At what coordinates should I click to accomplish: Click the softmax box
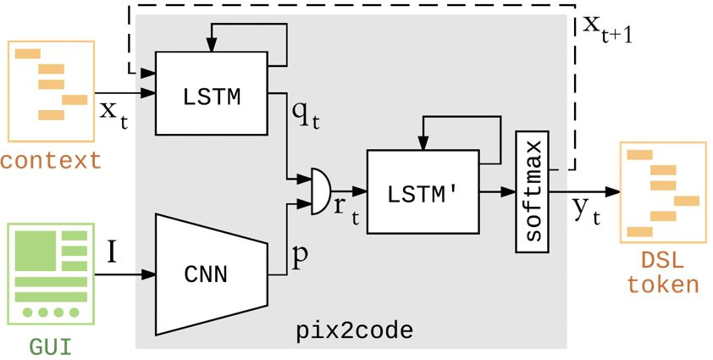533,193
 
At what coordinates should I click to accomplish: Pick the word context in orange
51,160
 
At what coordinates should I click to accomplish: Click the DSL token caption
663,272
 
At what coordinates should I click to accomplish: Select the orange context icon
52,90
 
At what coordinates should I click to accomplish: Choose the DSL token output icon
662,192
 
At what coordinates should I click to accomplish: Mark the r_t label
345,212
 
